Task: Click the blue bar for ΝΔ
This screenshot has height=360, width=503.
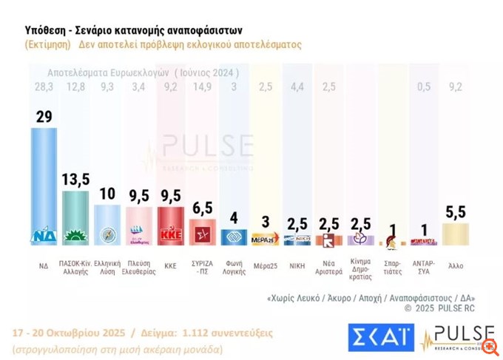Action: [44, 185]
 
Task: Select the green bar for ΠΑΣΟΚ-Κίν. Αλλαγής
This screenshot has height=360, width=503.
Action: [75, 217]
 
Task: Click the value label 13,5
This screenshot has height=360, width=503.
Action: [75, 180]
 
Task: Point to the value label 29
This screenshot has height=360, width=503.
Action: [44, 117]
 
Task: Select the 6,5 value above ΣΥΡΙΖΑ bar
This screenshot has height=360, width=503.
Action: [203, 208]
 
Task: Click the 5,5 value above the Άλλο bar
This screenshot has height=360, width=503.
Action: [455, 212]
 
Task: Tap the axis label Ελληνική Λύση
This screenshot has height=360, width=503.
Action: [107, 265]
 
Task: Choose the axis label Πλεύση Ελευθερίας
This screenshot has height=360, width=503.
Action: [139, 265]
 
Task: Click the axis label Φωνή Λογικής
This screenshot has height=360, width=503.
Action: [234, 265]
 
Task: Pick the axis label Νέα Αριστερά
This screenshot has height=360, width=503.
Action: [328, 265]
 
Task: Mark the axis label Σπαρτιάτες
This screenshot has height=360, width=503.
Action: [392, 265]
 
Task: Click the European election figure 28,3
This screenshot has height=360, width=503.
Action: [44, 87]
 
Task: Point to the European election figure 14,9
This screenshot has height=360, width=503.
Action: [203, 87]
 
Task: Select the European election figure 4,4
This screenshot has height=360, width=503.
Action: [297, 87]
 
